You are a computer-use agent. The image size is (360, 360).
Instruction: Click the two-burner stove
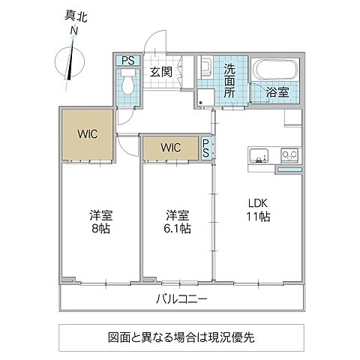tap(288, 155)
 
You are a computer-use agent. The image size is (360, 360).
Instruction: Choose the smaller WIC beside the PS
tap(171, 147)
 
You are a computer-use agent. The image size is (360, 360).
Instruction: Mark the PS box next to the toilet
tap(127, 60)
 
